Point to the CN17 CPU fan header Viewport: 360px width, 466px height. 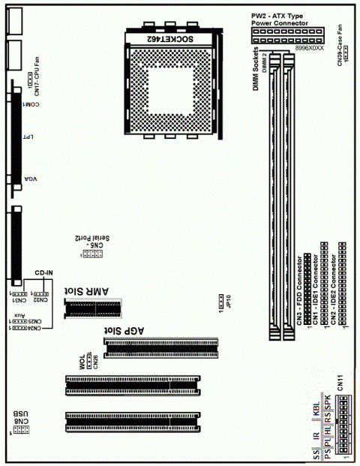(25, 77)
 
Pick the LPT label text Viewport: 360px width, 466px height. (31, 139)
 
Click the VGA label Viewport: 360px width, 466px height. (31, 180)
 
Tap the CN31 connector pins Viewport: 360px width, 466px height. (19, 293)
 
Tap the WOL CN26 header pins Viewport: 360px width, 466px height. (89, 361)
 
